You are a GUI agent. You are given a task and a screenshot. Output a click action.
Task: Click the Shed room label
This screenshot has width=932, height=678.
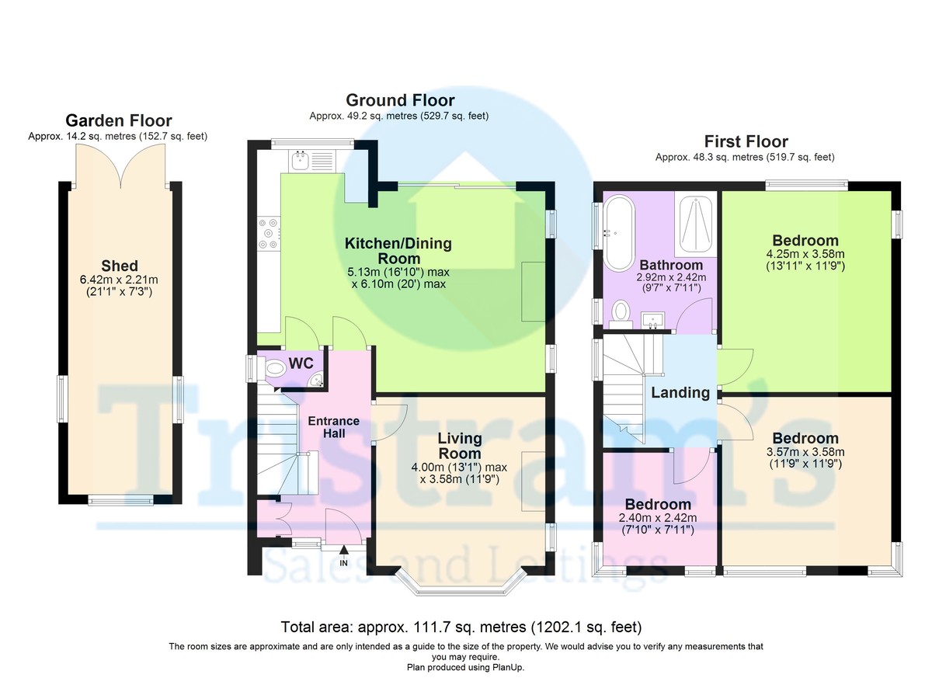tap(120, 266)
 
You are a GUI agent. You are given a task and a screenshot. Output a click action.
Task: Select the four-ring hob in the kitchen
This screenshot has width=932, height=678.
tap(269, 233)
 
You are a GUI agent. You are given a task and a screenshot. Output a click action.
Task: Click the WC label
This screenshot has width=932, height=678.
tap(301, 363)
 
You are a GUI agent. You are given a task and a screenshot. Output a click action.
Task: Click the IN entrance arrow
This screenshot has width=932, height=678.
tap(343, 551)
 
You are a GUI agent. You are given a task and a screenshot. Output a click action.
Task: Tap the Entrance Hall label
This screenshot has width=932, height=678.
tap(334, 427)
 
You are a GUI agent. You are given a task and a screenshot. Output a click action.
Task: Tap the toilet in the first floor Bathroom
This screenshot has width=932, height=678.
tap(621, 314)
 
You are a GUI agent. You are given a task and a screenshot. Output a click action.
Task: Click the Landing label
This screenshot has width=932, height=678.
tap(680, 392)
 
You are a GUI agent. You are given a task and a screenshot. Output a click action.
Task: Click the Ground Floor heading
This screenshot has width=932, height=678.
tap(400, 100)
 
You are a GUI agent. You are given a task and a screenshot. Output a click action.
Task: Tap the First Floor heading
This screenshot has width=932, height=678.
tap(746, 142)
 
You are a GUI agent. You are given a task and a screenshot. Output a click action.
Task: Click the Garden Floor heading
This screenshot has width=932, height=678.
tap(119, 120)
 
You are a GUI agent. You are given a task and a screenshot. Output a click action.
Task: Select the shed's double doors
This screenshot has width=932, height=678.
tap(120, 166)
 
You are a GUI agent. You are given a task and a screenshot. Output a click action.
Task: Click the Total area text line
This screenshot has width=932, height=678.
tap(461, 627)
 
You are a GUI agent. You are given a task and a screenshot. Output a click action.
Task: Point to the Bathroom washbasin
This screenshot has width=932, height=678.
tap(652, 319)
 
